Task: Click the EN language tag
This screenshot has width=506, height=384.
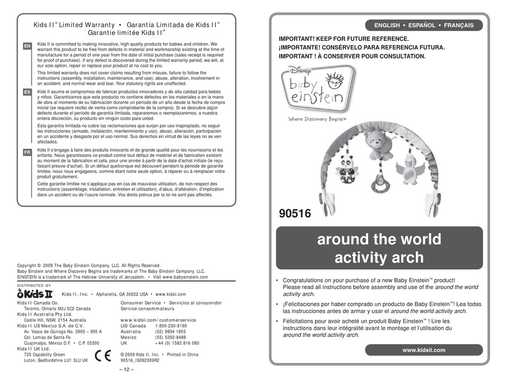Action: coord(27,47)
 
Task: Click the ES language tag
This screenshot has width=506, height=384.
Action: coord(27,92)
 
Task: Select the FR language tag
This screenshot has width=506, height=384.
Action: coord(27,152)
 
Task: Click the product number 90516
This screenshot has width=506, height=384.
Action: coord(295,214)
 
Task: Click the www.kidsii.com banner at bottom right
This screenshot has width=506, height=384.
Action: coord(424,350)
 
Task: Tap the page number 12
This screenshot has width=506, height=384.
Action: coord(126,369)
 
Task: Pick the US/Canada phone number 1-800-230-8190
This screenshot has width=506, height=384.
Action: coord(170,325)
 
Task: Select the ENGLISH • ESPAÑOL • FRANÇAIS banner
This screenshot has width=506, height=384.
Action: coord(424,25)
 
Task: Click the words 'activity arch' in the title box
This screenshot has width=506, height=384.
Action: coord(379,258)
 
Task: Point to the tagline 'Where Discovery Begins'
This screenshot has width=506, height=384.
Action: coord(317,119)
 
